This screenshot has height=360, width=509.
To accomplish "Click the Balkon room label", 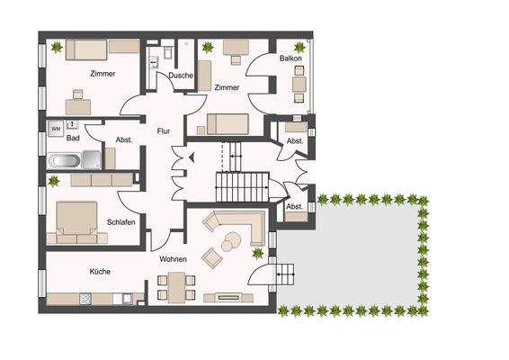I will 290,58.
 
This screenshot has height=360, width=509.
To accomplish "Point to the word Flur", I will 164,130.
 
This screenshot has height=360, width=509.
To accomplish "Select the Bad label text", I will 74,138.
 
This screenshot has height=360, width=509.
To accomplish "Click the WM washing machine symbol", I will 56,130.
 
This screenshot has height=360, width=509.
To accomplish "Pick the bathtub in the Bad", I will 64,161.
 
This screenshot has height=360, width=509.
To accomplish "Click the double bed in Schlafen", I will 76,221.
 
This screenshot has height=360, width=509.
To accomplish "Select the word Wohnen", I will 173,259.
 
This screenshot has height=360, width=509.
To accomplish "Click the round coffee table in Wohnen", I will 232,240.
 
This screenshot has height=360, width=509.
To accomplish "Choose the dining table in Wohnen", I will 176,286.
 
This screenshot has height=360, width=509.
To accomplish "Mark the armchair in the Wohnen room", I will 212,257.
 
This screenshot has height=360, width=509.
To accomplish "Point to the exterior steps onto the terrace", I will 286,273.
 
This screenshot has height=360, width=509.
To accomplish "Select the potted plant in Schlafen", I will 53,182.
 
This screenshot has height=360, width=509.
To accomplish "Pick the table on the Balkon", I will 299,83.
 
